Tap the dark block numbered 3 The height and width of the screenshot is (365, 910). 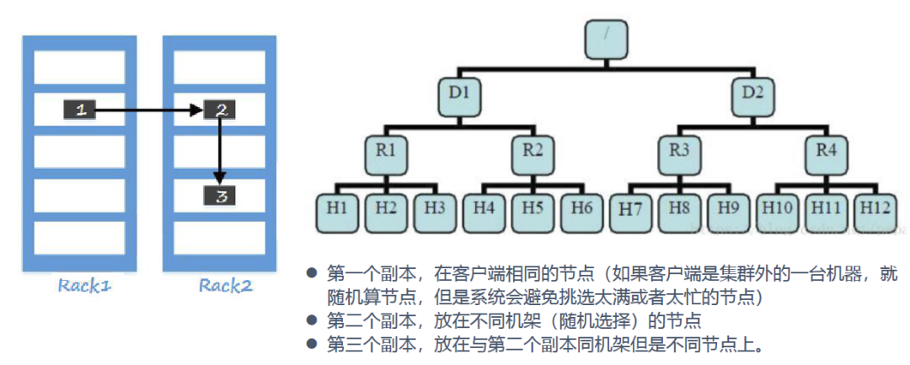click(221, 197)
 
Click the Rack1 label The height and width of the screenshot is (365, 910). click(84, 286)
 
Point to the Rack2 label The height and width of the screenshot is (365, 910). click(225, 286)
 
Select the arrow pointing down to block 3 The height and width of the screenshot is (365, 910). click(220, 152)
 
